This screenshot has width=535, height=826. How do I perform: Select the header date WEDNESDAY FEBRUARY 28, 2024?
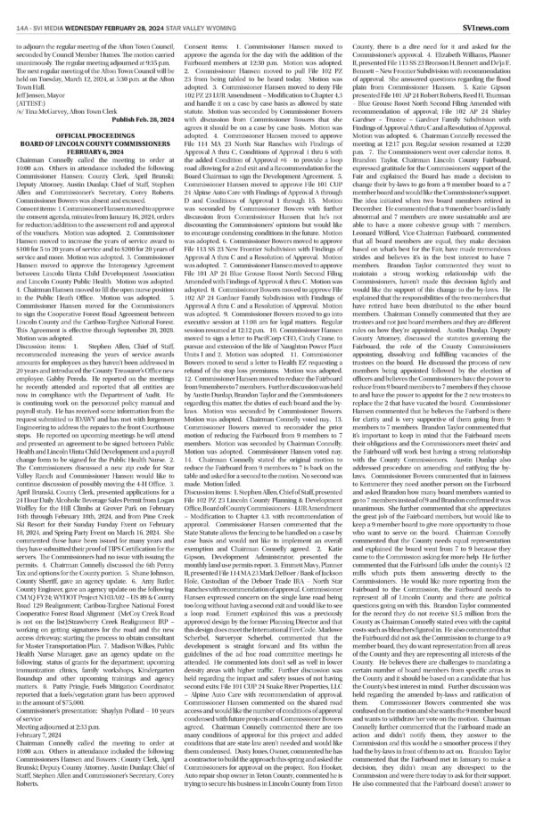[x=126, y=12]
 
